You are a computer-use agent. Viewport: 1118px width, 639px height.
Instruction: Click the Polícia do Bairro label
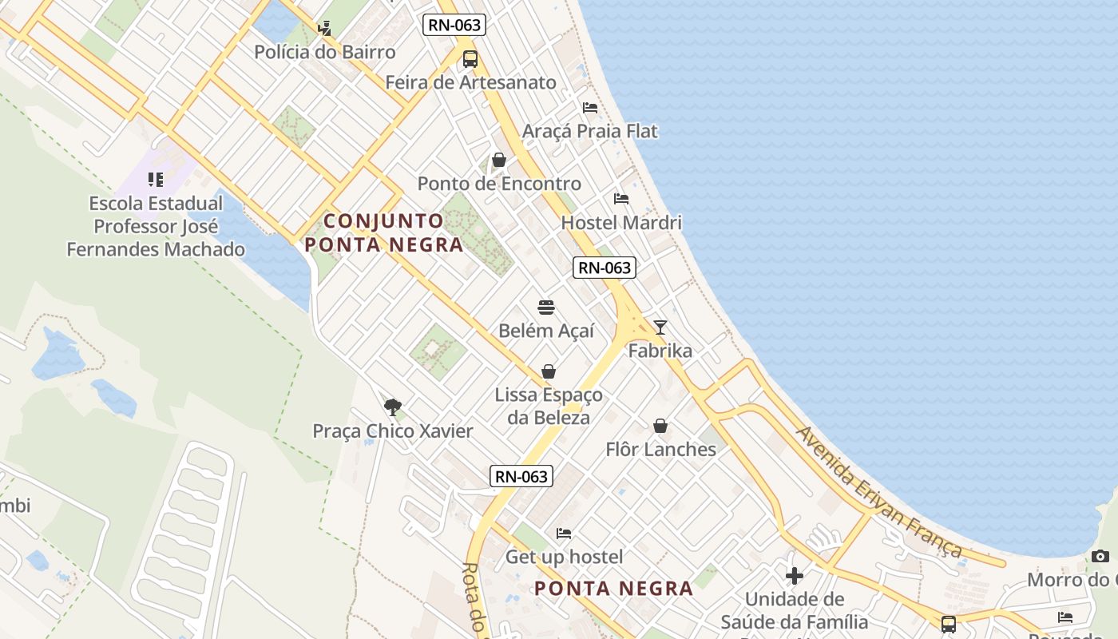click(x=324, y=52)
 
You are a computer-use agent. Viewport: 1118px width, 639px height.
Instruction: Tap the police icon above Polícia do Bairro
click(x=324, y=29)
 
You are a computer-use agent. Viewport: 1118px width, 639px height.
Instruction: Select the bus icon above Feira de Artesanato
click(x=470, y=58)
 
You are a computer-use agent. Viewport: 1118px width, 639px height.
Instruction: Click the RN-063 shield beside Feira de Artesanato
click(x=454, y=25)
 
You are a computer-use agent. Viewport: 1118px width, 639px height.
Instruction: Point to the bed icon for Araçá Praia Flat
click(x=590, y=108)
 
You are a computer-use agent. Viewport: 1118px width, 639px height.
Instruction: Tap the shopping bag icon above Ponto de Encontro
click(x=499, y=161)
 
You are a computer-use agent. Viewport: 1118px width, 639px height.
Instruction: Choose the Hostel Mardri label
click(x=621, y=222)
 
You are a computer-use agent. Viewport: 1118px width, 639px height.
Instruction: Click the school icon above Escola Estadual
click(x=156, y=180)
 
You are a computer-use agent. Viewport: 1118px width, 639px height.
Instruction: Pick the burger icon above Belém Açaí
click(x=546, y=308)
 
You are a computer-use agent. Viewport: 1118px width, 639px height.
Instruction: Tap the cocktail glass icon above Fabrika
click(x=660, y=327)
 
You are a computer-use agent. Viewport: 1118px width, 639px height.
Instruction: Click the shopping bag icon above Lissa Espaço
click(x=549, y=371)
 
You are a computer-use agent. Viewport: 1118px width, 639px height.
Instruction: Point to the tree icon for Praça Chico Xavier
click(x=392, y=407)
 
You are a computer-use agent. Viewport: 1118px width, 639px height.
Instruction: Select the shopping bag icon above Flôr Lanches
click(x=660, y=426)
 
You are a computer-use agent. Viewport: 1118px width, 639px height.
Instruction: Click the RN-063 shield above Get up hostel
click(x=521, y=477)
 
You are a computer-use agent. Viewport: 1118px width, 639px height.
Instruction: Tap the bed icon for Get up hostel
click(x=564, y=534)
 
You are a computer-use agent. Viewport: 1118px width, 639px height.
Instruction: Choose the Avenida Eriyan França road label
click(x=879, y=491)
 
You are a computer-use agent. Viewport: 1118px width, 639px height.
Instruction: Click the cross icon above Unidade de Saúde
click(x=795, y=575)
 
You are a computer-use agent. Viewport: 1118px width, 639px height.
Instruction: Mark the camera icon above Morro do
click(x=1100, y=556)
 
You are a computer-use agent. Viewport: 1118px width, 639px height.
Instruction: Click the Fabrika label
click(x=660, y=351)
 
